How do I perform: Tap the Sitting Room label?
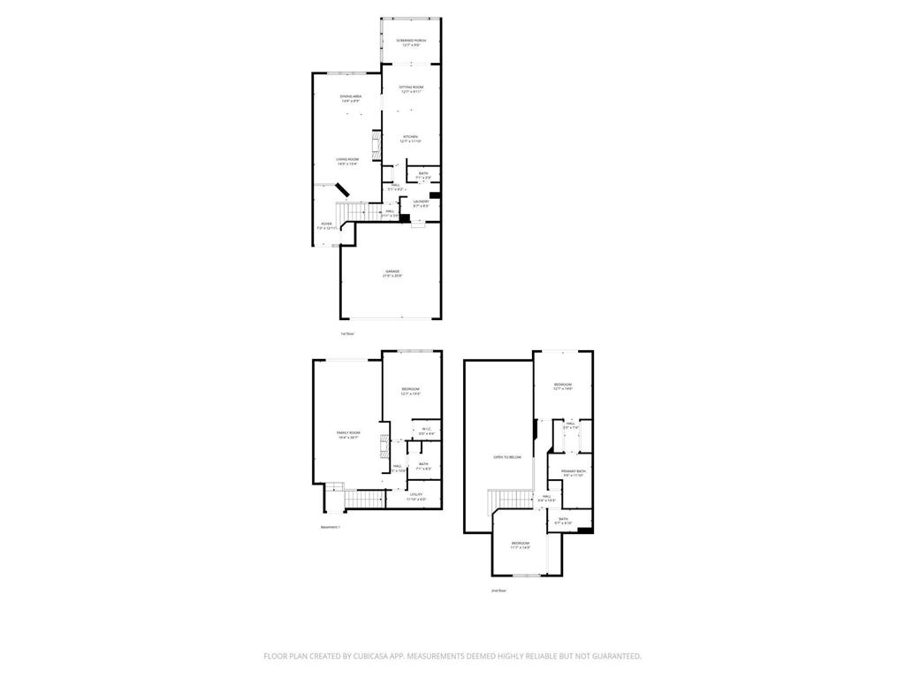click(411, 88)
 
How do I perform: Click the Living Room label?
click(346, 161)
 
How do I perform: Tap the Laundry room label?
click(421, 202)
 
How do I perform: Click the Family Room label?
click(348, 434)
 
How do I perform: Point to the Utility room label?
click(415, 496)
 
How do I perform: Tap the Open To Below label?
click(507, 456)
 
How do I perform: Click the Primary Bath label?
click(574, 473)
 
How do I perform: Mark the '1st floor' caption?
click(347, 333)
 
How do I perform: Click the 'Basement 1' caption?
click(330, 527)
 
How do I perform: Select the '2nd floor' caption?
click(498, 590)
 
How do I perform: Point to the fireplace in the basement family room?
click(384, 443)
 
